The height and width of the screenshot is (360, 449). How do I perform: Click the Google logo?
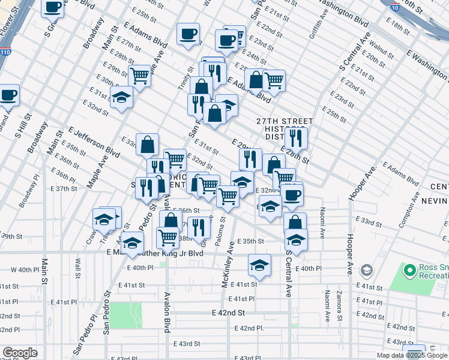[20, 353]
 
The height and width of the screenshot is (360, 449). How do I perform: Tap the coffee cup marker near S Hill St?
[8, 95]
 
